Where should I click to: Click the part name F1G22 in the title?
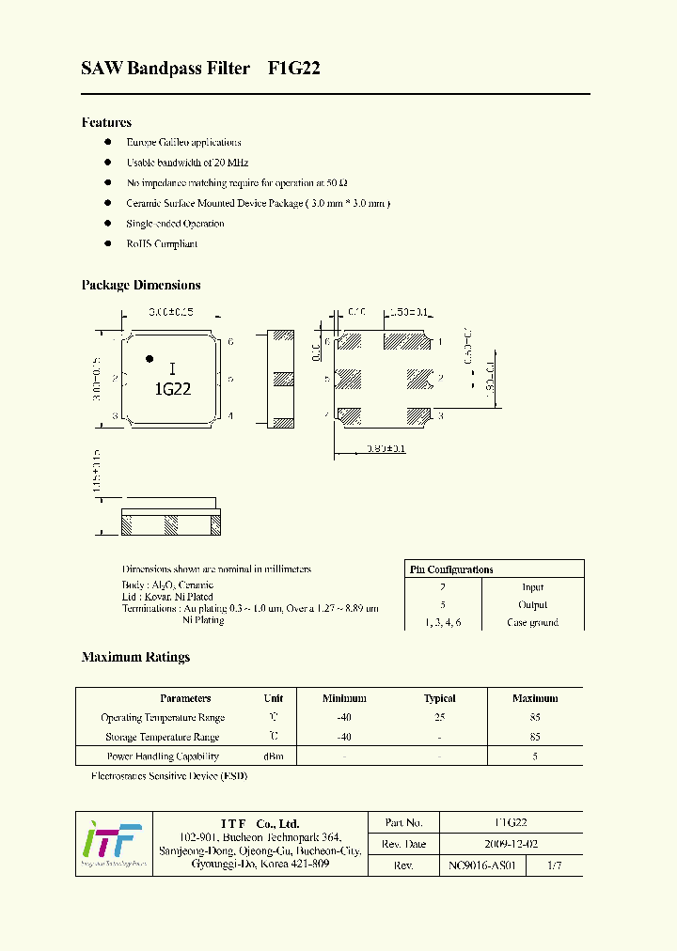click(294, 69)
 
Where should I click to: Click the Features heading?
click(106, 122)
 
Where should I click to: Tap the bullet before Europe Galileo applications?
click(108, 142)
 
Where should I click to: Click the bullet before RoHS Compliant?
click(108, 243)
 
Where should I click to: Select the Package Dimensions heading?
click(141, 285)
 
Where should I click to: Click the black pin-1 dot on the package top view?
click(149, 358)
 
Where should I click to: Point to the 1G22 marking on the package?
click(172, 388)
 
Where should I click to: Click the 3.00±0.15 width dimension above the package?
click(170, 311)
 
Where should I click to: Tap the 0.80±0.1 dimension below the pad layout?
click(386, 449)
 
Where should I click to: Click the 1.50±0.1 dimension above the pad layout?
click(408, 312)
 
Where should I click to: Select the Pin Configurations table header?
click(451, 569)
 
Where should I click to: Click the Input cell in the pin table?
click(532, 587)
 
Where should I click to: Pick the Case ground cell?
click(532, 622)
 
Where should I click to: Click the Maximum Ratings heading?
click(135, 657)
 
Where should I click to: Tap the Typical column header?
click(439, 698)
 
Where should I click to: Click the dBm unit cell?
click(274, 756)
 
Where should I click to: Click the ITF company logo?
click(112, 843)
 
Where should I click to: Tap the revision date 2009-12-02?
click(511, 844)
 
